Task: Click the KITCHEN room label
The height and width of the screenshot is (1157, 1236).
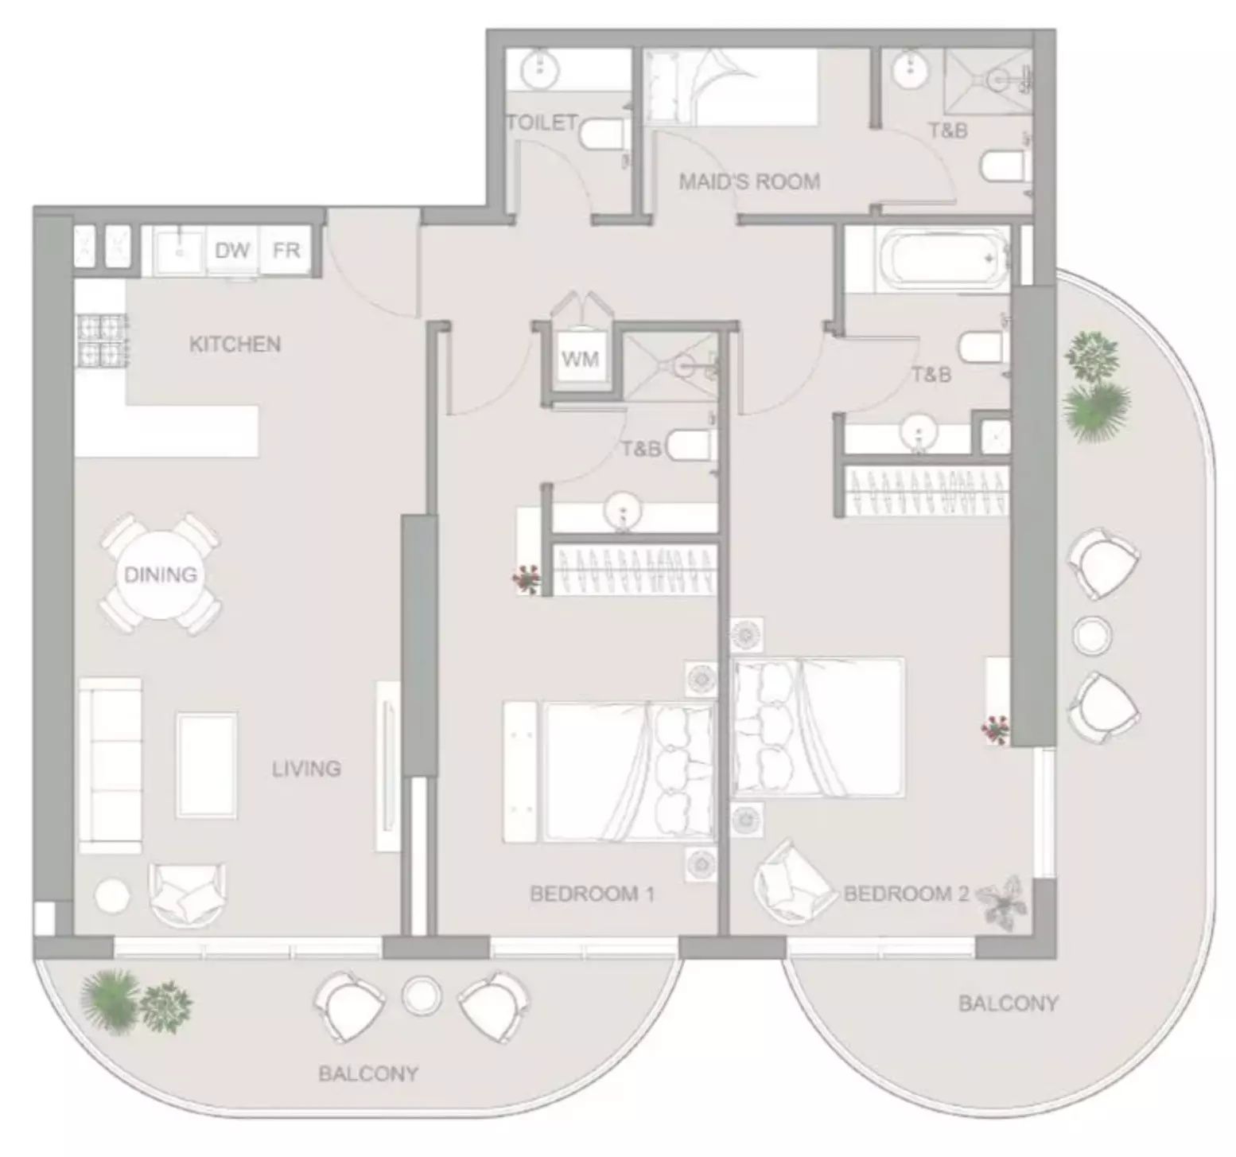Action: (x=235, y=345)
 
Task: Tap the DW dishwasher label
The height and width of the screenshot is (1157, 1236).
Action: (x=232, y=251)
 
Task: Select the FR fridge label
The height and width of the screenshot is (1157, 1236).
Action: (x=286, y=251)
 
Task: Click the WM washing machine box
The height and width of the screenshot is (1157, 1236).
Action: (x=581, y=360)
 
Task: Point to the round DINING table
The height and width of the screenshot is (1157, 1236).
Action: (x=161, y=575)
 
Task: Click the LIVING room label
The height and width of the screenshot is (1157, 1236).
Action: (x=306, y=769)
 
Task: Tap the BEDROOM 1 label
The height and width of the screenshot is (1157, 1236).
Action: (x=592, y=894)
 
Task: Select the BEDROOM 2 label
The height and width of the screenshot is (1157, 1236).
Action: (x=907, y=894)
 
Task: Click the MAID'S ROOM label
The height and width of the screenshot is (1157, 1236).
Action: (x=749, y=182)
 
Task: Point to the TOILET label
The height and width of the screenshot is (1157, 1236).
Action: (x=542, y=123)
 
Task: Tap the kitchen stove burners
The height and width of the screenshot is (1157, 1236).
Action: (x=101, y=341)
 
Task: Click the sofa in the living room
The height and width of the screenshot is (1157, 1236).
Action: (x=110, y=765)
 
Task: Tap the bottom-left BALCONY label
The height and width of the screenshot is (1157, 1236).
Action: (x=368, y=1074)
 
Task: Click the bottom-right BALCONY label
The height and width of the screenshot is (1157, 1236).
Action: (x=1008, y=1003)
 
